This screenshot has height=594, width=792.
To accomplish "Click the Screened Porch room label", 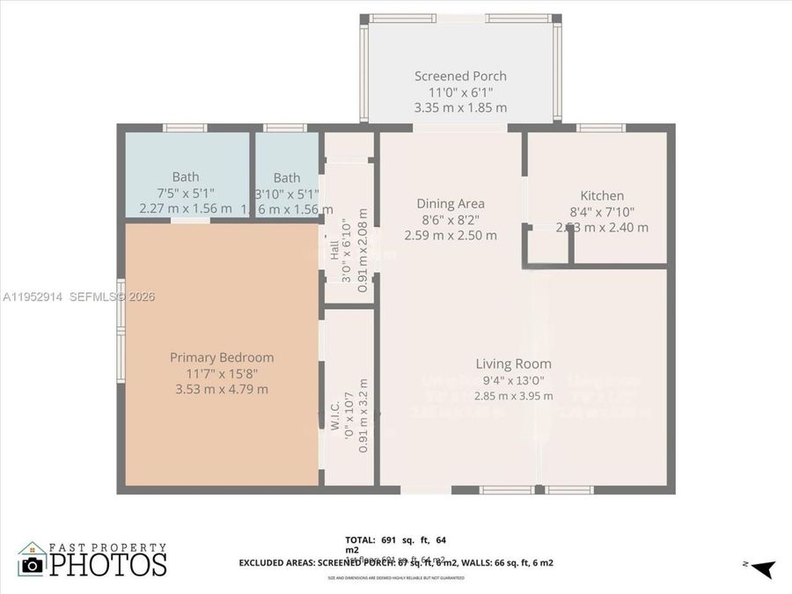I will (460, 77).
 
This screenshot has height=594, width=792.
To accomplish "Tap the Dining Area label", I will (451, 203).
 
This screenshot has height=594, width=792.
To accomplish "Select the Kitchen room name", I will (602, 195).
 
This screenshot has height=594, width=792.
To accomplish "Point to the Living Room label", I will (513, 363).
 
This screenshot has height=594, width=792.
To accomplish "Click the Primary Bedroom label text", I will (222, 357).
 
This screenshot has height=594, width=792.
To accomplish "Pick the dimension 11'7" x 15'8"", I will (222, 373).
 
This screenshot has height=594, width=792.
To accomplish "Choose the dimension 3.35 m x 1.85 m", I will (460, 107).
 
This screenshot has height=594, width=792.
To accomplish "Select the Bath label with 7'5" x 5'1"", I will (186, 177).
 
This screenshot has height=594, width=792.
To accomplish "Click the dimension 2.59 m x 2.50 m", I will (451, 235).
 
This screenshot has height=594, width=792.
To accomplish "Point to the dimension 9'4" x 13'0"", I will (513, 380).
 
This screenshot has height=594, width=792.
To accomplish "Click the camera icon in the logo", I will (32, 564).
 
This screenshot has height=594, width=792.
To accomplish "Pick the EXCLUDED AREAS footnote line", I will (396, 562).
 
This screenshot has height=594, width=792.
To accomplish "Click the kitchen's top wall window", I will (601, 128).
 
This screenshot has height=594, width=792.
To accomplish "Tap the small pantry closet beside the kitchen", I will (548, 246).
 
